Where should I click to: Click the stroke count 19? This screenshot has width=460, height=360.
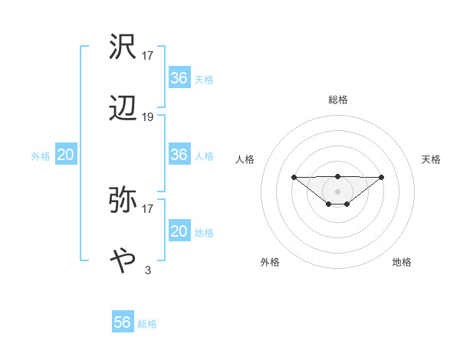[x=148, y=117]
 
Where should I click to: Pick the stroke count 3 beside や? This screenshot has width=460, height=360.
[x=148, y=270]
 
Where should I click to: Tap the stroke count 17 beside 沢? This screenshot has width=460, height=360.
[x=148, y=56]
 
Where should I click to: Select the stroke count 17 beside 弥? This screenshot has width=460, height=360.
[x=148, y=208]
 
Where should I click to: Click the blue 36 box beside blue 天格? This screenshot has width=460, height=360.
[x=179, y=77]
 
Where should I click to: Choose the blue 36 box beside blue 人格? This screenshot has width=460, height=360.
[x=179, y=155]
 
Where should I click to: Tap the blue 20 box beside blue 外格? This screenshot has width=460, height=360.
[x=66, y=155]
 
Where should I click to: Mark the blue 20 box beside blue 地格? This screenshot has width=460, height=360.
[x=179, y=231]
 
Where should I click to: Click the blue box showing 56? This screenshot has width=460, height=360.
[x=123, y=322]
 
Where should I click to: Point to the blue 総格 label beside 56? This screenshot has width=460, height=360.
[x=147, y=324]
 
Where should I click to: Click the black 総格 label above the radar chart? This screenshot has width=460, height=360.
[x=338, y=100]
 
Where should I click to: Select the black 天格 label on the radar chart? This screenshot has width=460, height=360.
[x=432, y=159]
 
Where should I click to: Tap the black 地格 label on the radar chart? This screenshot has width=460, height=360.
[x=402, y=262]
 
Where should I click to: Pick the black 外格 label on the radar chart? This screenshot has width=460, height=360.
[x=270, y=262]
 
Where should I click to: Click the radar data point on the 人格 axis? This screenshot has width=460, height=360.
[x=294, y=178]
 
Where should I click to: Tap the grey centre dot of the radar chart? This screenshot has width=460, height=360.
[x=338, y=191]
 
